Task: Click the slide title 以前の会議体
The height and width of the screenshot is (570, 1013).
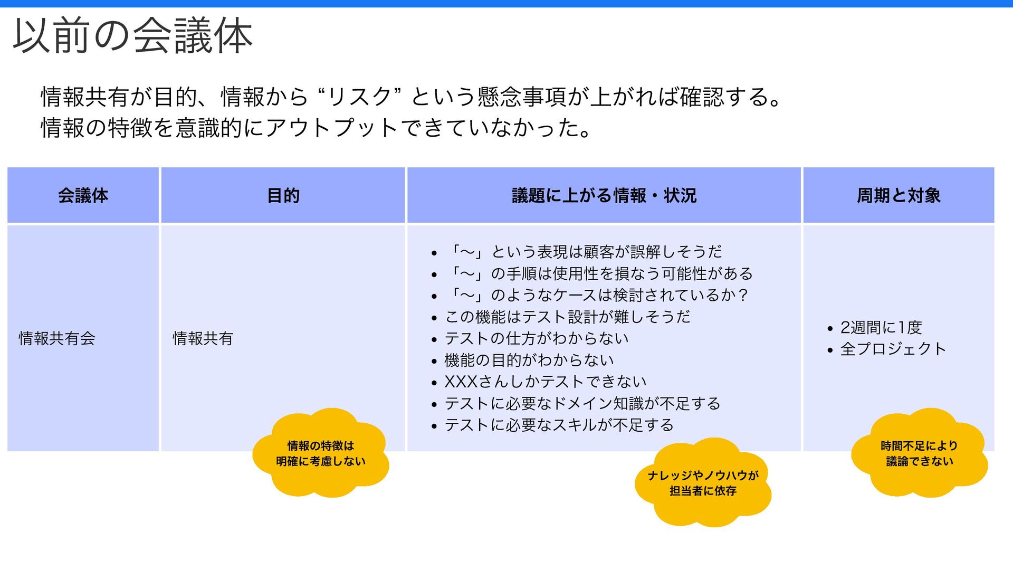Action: tap(132, 36)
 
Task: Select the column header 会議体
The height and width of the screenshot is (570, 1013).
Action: tap(83, 196)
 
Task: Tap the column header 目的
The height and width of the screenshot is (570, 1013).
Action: tap(283, 196)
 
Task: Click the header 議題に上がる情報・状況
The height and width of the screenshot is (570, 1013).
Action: tap(604, 196)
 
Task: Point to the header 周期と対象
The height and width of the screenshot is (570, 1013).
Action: tap(899, 196)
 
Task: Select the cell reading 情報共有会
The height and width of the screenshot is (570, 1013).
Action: tap(57, 338)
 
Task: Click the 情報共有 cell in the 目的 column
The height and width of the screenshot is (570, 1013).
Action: tap(203, 338)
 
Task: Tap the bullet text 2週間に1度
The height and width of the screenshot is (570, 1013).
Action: tap(881, 327)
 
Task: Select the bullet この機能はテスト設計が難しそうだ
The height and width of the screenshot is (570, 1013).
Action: tap(568, 317)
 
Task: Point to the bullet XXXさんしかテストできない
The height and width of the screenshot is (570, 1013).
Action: tap(546, 382)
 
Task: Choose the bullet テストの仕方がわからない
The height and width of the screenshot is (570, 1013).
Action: tap(537, 338)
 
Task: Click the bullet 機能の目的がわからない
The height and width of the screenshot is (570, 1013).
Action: tap(529, 360)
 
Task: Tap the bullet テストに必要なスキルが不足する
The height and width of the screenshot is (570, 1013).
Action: tap(559, 425)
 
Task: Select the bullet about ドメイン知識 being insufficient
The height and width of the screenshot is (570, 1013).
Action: tap(582, 403)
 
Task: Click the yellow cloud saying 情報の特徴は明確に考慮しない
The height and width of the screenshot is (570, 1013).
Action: tap(321, 453)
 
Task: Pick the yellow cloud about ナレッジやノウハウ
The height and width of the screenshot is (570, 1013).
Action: tap(703, 483)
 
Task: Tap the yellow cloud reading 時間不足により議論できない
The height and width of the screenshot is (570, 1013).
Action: tap(919, 453)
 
